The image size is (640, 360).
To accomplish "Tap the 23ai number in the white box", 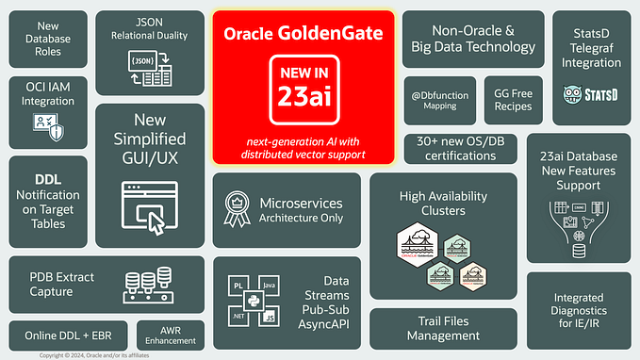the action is (303, 96).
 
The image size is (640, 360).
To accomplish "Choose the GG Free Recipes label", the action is (513, 100).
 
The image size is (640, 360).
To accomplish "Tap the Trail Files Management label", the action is (443, 329).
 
